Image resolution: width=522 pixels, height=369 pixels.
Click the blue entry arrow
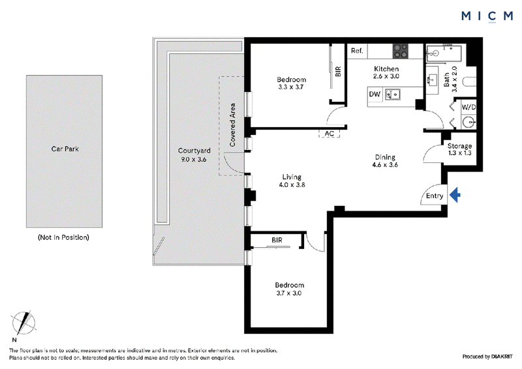coord(455,195)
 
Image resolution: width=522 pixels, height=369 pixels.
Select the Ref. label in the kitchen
coord(357,51)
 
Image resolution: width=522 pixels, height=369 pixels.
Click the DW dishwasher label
coord(375,94)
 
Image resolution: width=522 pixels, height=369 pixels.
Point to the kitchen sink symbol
coord(393,95)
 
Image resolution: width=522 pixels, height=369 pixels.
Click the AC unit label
coord(330,134)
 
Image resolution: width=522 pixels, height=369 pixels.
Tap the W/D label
coord(468,107)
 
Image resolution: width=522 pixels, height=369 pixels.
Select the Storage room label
coord(459,146)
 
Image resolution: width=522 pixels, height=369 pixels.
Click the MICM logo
coord(487,16)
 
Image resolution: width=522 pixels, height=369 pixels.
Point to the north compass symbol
coord(23,323)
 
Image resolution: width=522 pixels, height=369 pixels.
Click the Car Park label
coord(65,149)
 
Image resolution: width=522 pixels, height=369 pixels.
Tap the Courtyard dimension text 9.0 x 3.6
coord(194,159)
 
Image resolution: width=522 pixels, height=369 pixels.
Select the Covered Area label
coord(232,125)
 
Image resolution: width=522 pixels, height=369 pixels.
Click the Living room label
coord(292,177)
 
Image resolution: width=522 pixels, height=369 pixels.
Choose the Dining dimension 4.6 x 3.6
coord(385,165)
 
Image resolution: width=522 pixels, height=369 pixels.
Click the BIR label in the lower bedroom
coord(277,240)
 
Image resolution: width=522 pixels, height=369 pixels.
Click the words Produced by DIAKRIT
coord(487,357)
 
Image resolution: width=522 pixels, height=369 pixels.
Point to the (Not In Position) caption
coord(63,237)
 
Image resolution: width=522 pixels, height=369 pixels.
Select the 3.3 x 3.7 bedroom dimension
coord(291,87)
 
